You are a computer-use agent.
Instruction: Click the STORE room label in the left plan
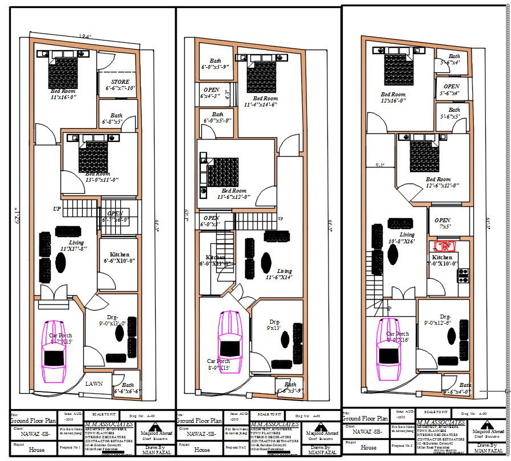coord(120,85)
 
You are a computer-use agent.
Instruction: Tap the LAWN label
coord(94,384)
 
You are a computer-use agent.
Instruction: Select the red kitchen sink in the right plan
coord(444,247)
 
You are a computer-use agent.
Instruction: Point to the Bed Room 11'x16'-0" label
coord(63,94)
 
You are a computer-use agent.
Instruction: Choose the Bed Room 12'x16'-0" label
coord(393,97)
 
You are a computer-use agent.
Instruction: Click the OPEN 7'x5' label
coord(443,223)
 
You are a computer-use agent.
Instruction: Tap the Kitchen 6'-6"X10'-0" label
coord(119,258)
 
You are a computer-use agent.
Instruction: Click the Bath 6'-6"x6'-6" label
coord(127,389)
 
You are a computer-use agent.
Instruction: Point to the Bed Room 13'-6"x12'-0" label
coord(234,194)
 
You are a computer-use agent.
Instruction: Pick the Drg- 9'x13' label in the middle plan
coord(274,325)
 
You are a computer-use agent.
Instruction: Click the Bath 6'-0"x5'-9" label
coord(215,64)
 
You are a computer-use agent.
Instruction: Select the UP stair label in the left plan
coord(57,209)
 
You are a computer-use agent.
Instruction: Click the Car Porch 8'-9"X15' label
coord(219,365)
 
